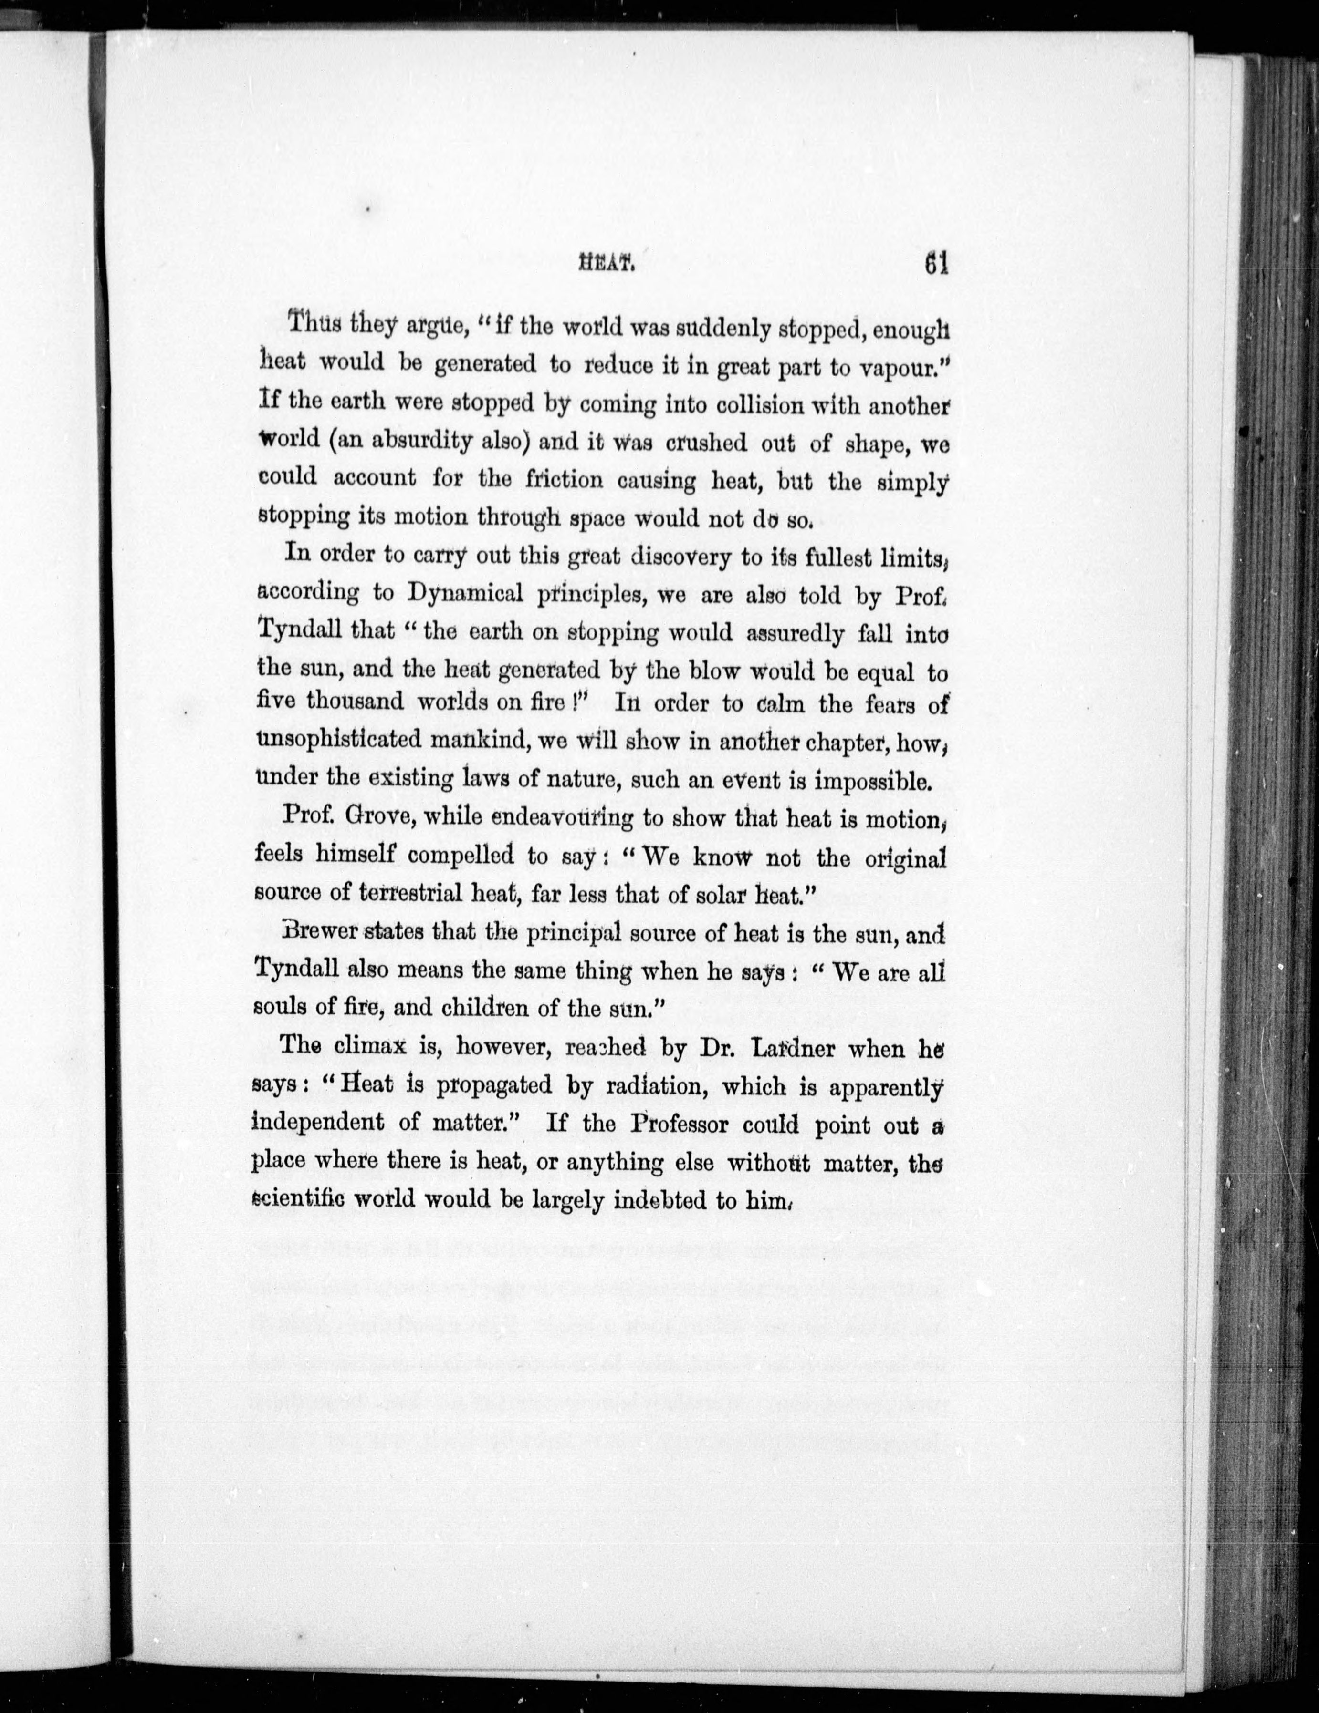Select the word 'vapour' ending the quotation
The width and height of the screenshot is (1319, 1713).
(x=899, y=364)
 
